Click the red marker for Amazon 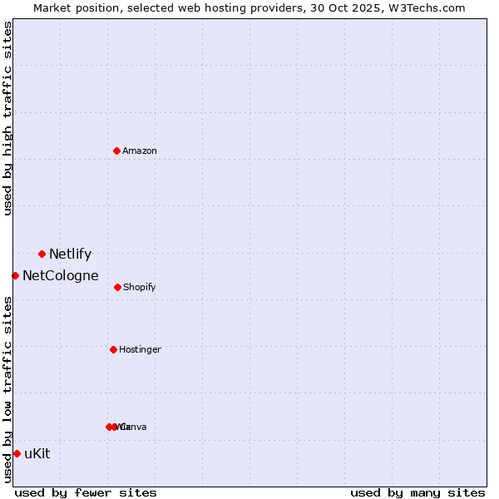[116, 151]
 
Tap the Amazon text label [140, 151]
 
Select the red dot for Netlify [42, 254]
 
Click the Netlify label [70, 254]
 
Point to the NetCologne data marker [15, 275]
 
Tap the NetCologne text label [61, 276]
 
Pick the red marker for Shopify [117, 287]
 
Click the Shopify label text [140, 288]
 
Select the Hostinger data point [113, 349]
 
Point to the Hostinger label [140, 350]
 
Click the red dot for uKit [17, 453]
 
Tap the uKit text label [37, 454]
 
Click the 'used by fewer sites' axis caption [86, 492]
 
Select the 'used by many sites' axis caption [417, 492]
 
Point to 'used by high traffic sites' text [7, 118]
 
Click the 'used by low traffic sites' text [7, 389]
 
